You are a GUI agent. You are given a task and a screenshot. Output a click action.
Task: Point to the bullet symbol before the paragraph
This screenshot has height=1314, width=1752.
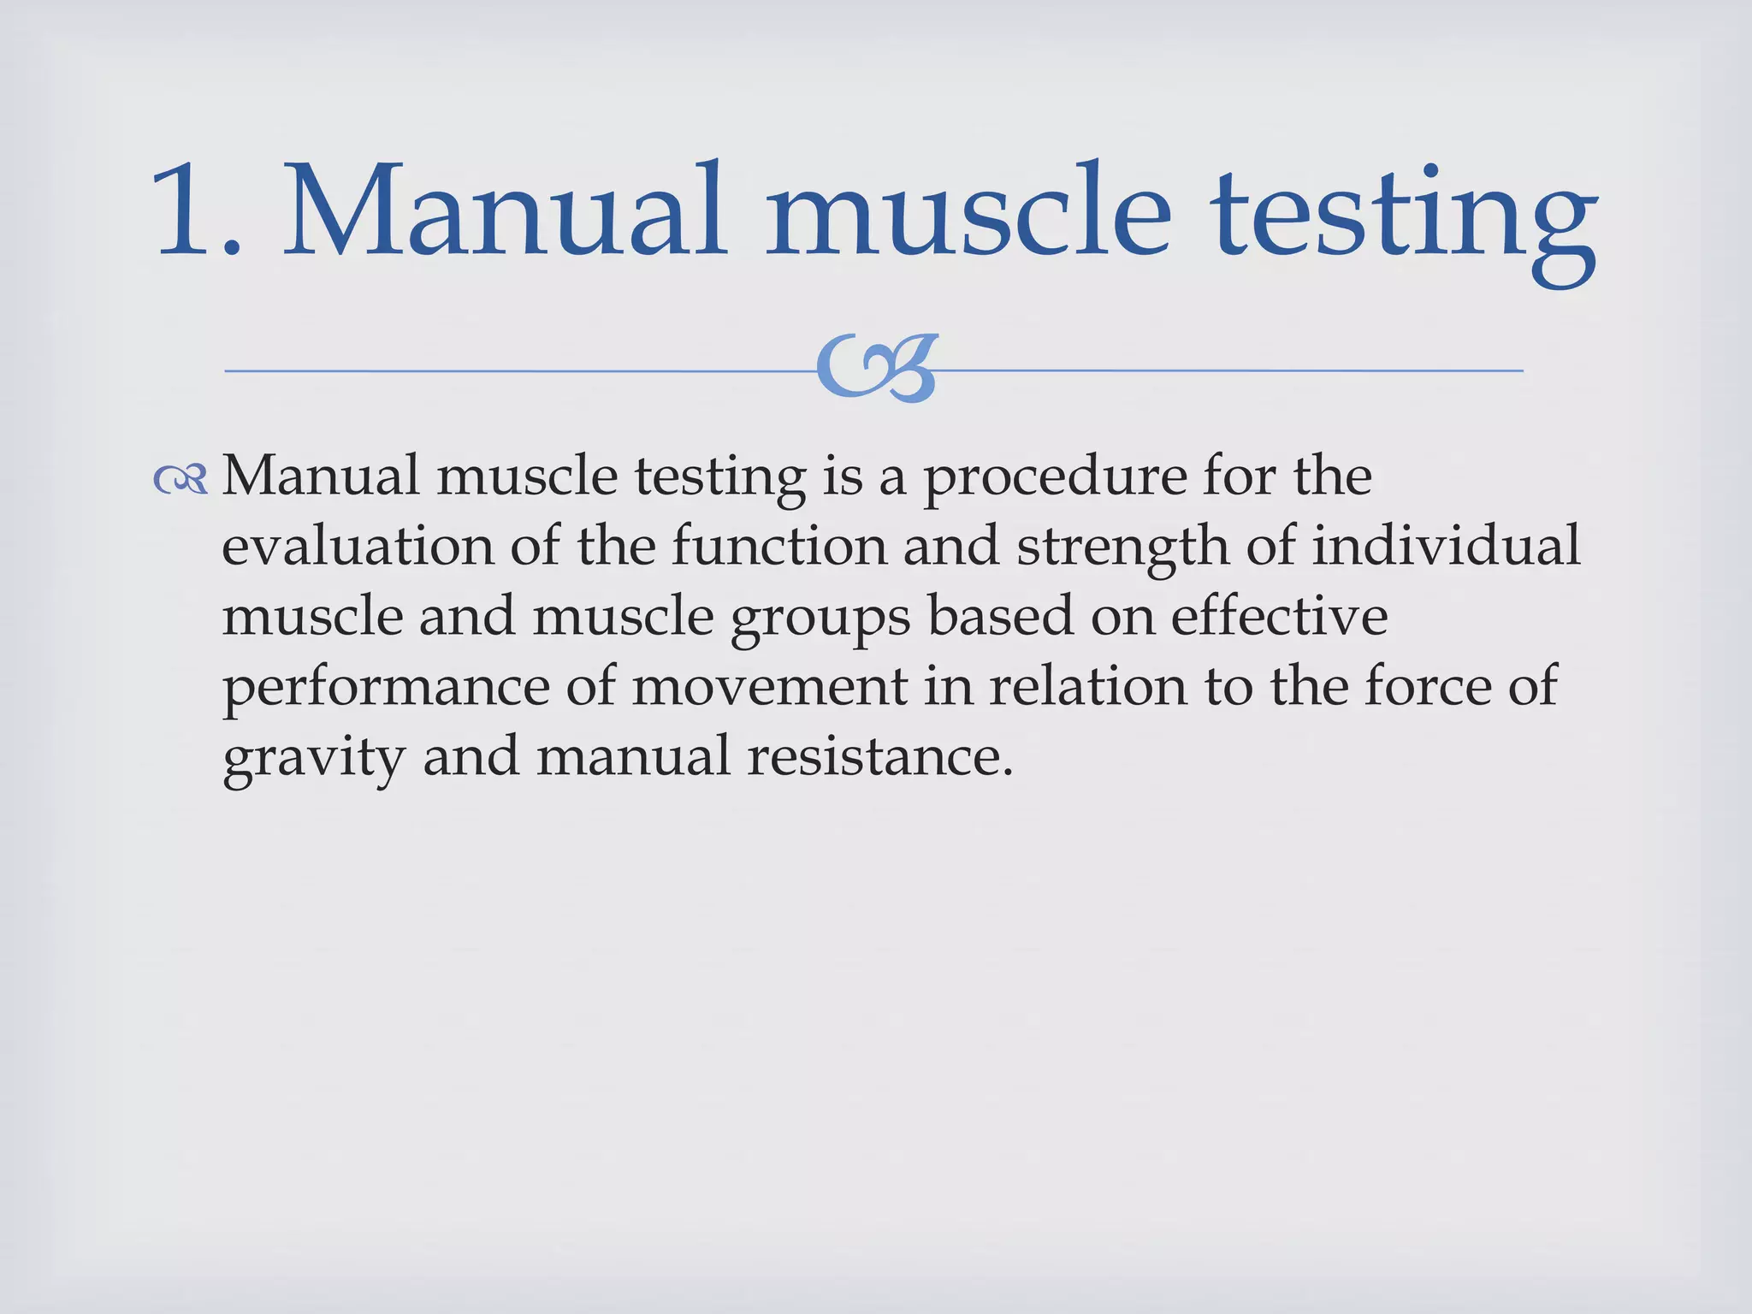coord(181,481)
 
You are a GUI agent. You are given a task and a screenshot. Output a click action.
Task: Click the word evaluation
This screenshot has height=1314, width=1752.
coord(358,546)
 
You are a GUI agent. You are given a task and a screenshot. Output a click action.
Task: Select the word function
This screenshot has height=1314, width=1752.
coord(779,546)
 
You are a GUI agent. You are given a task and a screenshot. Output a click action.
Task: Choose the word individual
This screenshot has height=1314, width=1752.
coord(1447,546)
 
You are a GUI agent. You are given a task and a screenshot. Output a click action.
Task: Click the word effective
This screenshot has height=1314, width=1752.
coord(1279,616)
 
